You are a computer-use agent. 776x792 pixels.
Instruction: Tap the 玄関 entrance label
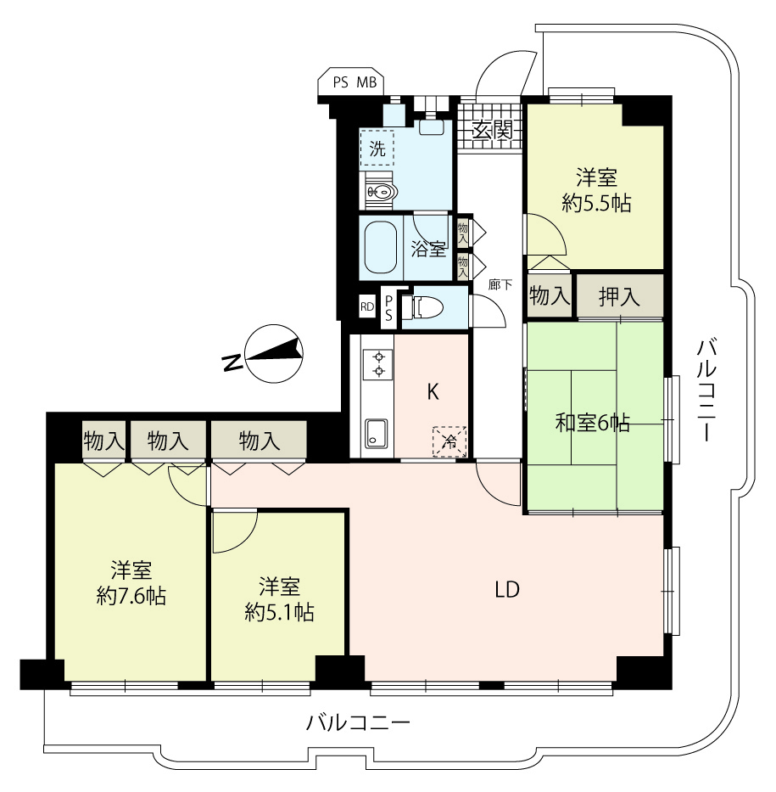click(x=493, y=131)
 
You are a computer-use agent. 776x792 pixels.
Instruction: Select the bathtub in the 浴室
click(x=381, y=247)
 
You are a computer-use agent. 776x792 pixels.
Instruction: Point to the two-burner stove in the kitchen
click(x=378, y=364)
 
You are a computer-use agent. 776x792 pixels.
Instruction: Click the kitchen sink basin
click(x=376, y=433)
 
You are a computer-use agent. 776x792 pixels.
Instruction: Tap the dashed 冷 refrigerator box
click(x=449, y=441)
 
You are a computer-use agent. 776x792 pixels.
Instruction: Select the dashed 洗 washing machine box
click(x=377, y=149)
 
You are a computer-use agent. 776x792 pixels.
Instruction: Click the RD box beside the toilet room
click(x=367, y=306)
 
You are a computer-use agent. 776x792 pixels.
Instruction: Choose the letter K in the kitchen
click(x=433, y=391)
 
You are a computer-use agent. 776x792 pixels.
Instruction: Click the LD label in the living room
click(x=506, y=589)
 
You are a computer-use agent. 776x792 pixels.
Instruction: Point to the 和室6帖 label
click(x=592, y=422)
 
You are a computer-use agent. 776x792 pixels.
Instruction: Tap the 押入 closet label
click(x=619, y=296)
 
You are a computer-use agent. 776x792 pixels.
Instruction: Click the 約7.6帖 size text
click(x=131, y=597)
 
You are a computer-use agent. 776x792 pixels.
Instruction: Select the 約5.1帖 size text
click(x=280, y=613)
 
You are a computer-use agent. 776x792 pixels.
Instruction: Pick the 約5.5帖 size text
click(x=596, y=204)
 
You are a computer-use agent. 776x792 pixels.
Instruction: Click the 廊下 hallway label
click(x=500, y=285)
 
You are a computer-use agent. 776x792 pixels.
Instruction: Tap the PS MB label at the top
click(x=355, y=82)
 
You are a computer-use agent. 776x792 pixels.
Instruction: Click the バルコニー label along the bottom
click(x=358, y=723)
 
